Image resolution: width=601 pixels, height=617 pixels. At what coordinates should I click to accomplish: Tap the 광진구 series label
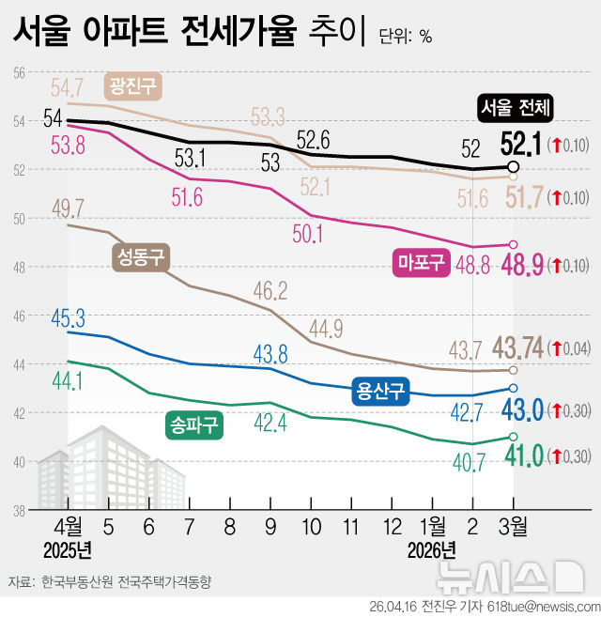tap(132, 86)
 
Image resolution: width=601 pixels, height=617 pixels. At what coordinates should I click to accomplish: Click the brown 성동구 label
tap(140, 256)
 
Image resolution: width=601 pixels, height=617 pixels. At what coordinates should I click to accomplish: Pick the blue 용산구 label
tap(380, 391)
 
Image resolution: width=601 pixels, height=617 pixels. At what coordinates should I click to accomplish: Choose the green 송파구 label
tap(193, 425)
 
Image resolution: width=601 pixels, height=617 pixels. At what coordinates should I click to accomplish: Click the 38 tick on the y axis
tap(18, 511)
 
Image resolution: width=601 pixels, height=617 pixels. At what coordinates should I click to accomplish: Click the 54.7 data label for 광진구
tap(69, 88)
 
